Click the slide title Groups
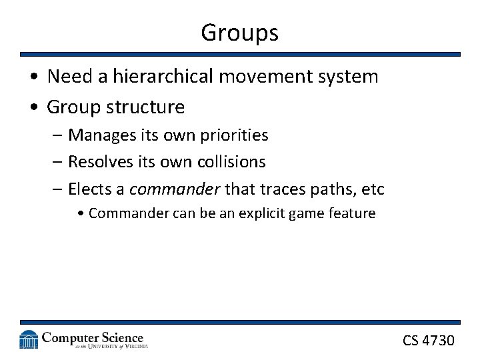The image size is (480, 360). [239, 32]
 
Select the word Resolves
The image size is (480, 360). [101, 162]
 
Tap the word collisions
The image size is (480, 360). [232, 162]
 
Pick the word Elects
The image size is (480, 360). [91, 189]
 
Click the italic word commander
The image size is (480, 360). [174, 189]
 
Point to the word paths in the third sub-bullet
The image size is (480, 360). [323, 189]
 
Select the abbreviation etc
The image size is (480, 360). [372, 189]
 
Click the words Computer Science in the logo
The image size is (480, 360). [93, 337]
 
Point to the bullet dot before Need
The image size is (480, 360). [33, 77]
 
